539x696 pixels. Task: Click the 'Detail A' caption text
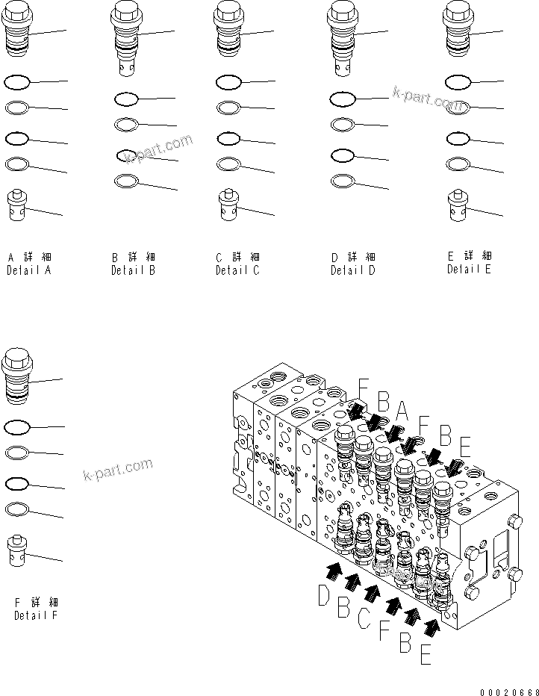(29, 271)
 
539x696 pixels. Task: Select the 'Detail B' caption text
(133, 271)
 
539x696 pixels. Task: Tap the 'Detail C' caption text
(237, 270)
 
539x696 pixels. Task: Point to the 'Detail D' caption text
(353, 271)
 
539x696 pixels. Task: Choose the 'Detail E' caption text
(469, 270)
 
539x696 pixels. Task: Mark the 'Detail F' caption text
(36, 615)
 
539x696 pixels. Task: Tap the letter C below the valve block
(364, 618)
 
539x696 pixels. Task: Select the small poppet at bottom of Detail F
(17, 551)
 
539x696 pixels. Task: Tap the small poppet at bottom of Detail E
(458, 205)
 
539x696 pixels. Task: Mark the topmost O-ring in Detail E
(458, 81)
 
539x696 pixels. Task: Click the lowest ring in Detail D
(342, 181)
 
